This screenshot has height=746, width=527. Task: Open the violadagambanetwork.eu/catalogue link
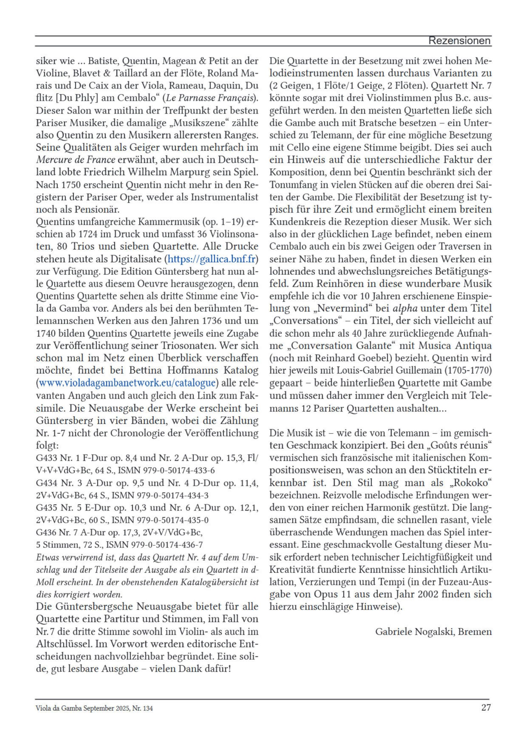click(x=127, y=383)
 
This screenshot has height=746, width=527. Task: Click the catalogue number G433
click(x=46, y=458)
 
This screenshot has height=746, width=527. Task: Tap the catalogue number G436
click(x=46, y=532)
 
